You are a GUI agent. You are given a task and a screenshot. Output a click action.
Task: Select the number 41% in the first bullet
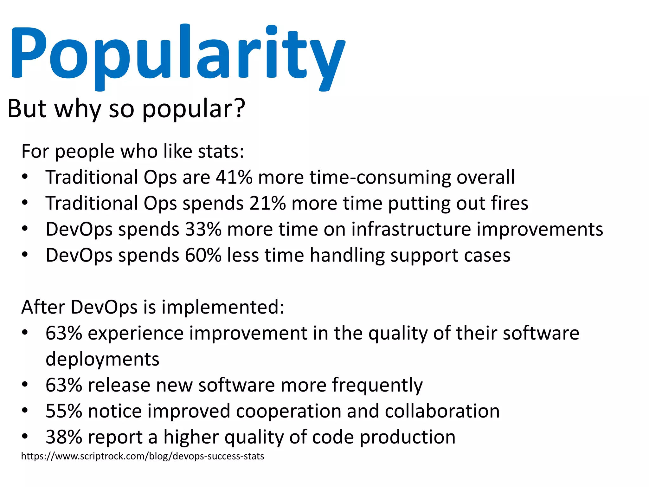point(234,177)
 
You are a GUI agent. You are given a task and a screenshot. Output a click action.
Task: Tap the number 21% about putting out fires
point(267,203)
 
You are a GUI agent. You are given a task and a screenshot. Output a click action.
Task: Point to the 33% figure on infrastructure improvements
point(203,229)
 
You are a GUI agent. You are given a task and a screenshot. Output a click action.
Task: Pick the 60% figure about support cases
point(203,255)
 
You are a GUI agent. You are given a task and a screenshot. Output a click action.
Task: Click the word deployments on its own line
point(102,359)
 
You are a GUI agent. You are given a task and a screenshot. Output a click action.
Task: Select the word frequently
point(377,385)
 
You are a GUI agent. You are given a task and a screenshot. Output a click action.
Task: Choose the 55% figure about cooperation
point(64,411)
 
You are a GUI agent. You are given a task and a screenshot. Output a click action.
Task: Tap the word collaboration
point(442,411)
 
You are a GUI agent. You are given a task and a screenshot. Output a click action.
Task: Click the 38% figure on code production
point(64,437)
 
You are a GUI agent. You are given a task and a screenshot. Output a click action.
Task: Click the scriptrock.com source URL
point(142,456)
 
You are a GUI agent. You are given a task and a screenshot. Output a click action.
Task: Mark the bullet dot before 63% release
point(25,385)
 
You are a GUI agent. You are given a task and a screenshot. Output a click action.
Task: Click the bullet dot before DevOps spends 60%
point(25,255)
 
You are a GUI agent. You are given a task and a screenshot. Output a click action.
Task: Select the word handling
point(347,255)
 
